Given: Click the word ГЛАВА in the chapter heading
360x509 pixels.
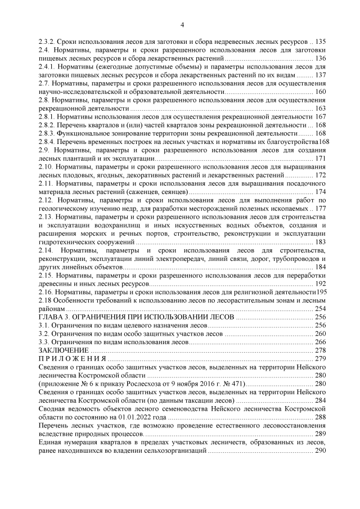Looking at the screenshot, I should (51, 317).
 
